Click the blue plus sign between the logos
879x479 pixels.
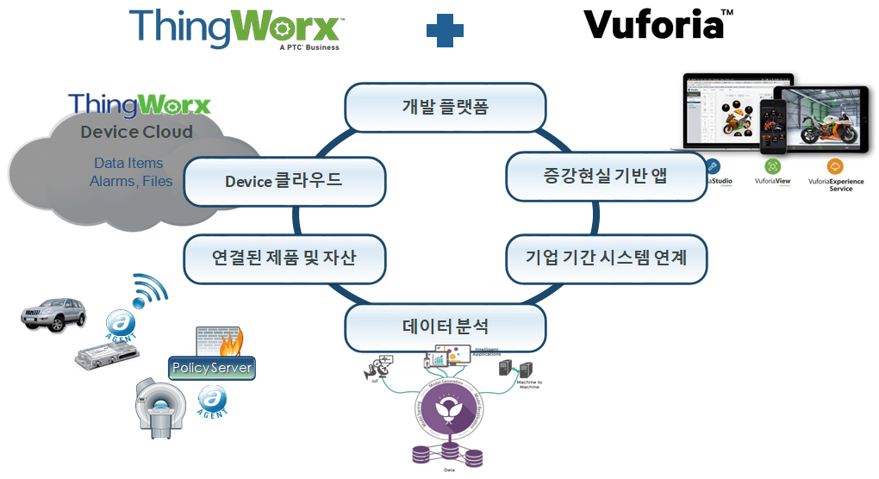[445, 31]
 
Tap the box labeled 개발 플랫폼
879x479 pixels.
[446, 107]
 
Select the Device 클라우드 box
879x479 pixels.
[284, 181]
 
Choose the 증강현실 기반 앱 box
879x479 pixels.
[606, 177]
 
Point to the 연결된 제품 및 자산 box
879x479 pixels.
[284, 258]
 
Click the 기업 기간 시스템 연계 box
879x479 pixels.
[606, 258]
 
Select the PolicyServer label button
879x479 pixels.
[212, 368]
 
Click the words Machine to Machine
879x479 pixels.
[528, 383]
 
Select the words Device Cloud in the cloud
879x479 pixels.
[136, 132]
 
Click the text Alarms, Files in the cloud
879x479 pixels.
[131, 181]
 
